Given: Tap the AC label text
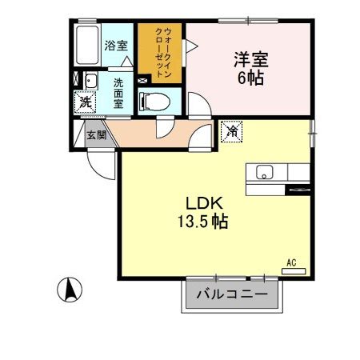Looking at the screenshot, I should click(292, 262).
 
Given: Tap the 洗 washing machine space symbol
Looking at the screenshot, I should click(83, 102).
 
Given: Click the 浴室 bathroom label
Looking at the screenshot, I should click(115, 45).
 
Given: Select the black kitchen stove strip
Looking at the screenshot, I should click(297, 190).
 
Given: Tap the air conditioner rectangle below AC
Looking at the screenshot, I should click(294, 271).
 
